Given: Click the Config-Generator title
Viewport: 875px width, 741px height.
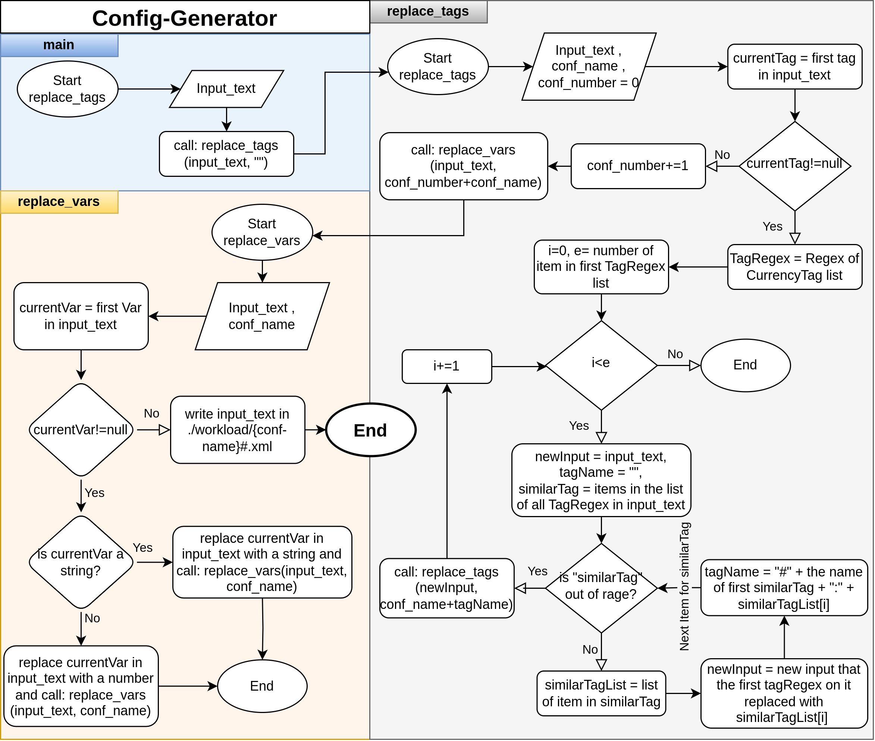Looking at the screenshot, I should coord(184,18).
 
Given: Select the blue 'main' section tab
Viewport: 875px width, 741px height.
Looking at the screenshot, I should coord(59,45).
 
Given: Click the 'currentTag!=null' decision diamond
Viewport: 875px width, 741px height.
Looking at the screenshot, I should coord(795,166).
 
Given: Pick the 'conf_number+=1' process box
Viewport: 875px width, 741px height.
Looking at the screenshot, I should coord(638,166).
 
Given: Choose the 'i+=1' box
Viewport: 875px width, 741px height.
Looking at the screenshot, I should coord(447,366).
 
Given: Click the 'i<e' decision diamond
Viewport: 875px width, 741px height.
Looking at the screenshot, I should coord(601,365).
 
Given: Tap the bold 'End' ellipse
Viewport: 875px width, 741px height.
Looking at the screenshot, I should coord(371,430).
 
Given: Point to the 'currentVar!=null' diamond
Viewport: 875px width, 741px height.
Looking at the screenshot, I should coord(81,430).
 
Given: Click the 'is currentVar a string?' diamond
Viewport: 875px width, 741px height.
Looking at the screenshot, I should coord(81,562).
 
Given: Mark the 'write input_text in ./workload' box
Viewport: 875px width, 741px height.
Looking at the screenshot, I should coord(238,430).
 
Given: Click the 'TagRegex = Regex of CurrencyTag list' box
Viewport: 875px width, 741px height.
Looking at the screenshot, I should coord(795,267).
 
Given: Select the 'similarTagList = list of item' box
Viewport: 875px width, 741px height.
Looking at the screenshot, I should coord(601,693).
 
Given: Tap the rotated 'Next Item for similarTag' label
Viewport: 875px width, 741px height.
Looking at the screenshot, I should coord(684,587).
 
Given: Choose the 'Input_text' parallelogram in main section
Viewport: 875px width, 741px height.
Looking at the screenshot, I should coord(226,89).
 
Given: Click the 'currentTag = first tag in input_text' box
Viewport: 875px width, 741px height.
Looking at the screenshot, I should coord(795,67).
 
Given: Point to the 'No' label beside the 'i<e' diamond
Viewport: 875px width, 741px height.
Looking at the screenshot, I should coord(675,354).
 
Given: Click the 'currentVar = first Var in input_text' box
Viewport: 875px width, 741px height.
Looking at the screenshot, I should coord(81,316).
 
